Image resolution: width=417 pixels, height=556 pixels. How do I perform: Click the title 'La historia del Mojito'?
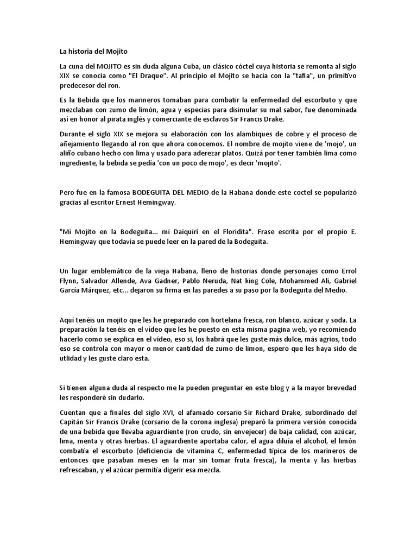93,52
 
